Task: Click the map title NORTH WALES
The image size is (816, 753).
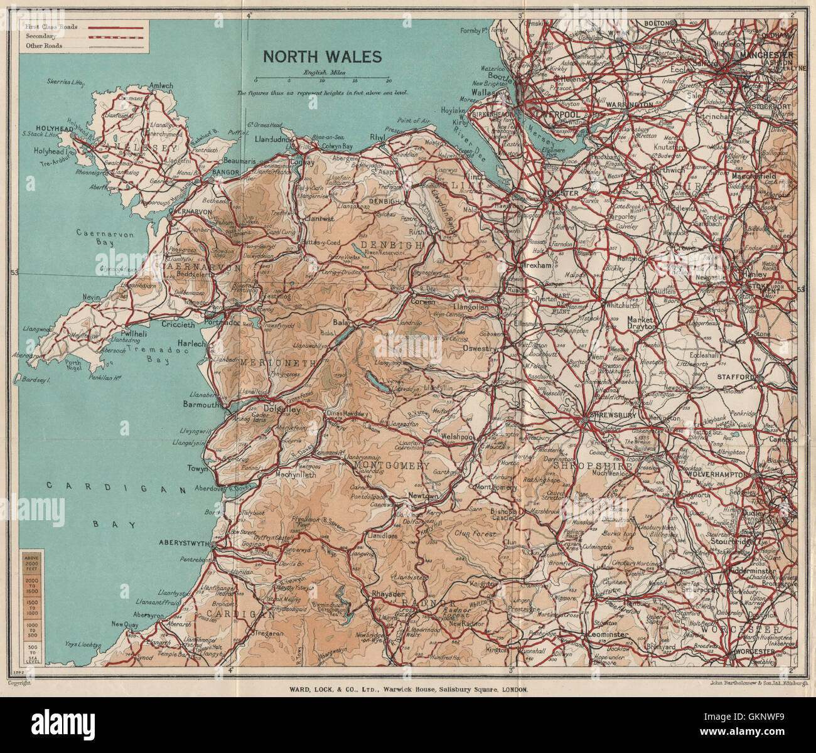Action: click(322, 56)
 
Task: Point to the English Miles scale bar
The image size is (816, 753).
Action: click(322, 80)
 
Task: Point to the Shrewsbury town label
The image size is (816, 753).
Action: click(610, 416)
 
